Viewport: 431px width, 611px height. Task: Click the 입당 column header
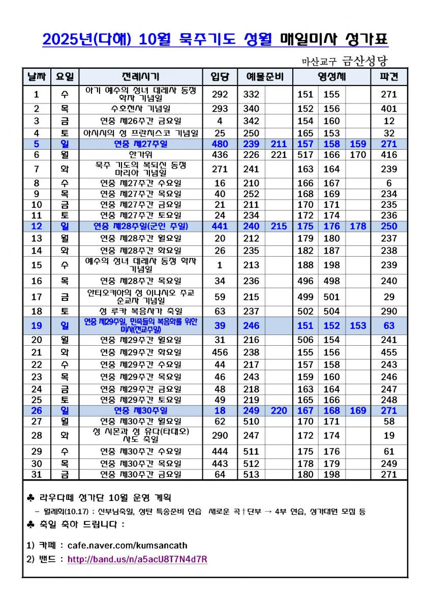pyautogui.click(x=220, y=77)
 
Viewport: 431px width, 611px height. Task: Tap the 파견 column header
pyautogui.click(x=389, y=77)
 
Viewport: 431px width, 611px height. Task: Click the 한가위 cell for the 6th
pyautogui.click(x=140, y=155)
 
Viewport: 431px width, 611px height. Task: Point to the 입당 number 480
pyautogui.click(x=220, y=144)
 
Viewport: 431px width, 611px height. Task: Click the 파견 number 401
pyautogui.click(x=389, y=108)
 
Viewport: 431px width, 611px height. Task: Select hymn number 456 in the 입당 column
pyautogui.click(x=220, y=352)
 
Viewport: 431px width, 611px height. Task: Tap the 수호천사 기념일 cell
pyautogui.click(x=140, y=108)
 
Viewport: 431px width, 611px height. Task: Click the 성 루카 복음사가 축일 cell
pyautogui.click(x=140, y=311)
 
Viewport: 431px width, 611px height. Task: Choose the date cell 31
pyautogui.click(x=36, y=475)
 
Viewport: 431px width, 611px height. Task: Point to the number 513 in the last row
pyautogui.click(x=251, y=475)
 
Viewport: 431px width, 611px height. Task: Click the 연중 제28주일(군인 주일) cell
pyautogui.click(x=140, y=227)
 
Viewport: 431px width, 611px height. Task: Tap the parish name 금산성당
pyautogui.click(x=364, y=61)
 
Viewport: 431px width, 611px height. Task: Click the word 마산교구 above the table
pyautogui.click(x=319, y=62)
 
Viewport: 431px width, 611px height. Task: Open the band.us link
pyautogui.click(x=137, y=559)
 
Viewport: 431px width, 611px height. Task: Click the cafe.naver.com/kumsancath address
pyautogui.click(x=127, y=545)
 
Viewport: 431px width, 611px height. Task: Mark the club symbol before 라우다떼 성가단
pyautogui.click(x=29, y=497)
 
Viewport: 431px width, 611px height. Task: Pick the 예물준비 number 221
pyautogui.click(x=279, y=155)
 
